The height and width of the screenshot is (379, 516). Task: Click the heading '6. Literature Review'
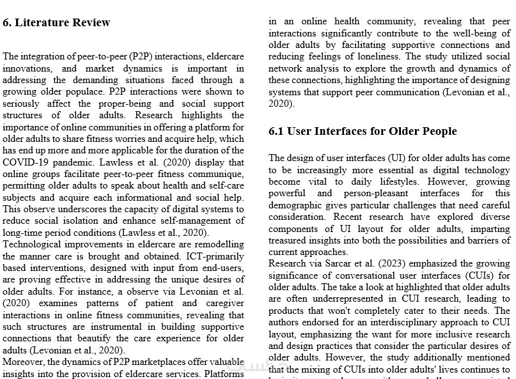coord(56,23)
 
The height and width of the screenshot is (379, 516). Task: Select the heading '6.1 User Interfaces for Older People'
coord(363,132)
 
